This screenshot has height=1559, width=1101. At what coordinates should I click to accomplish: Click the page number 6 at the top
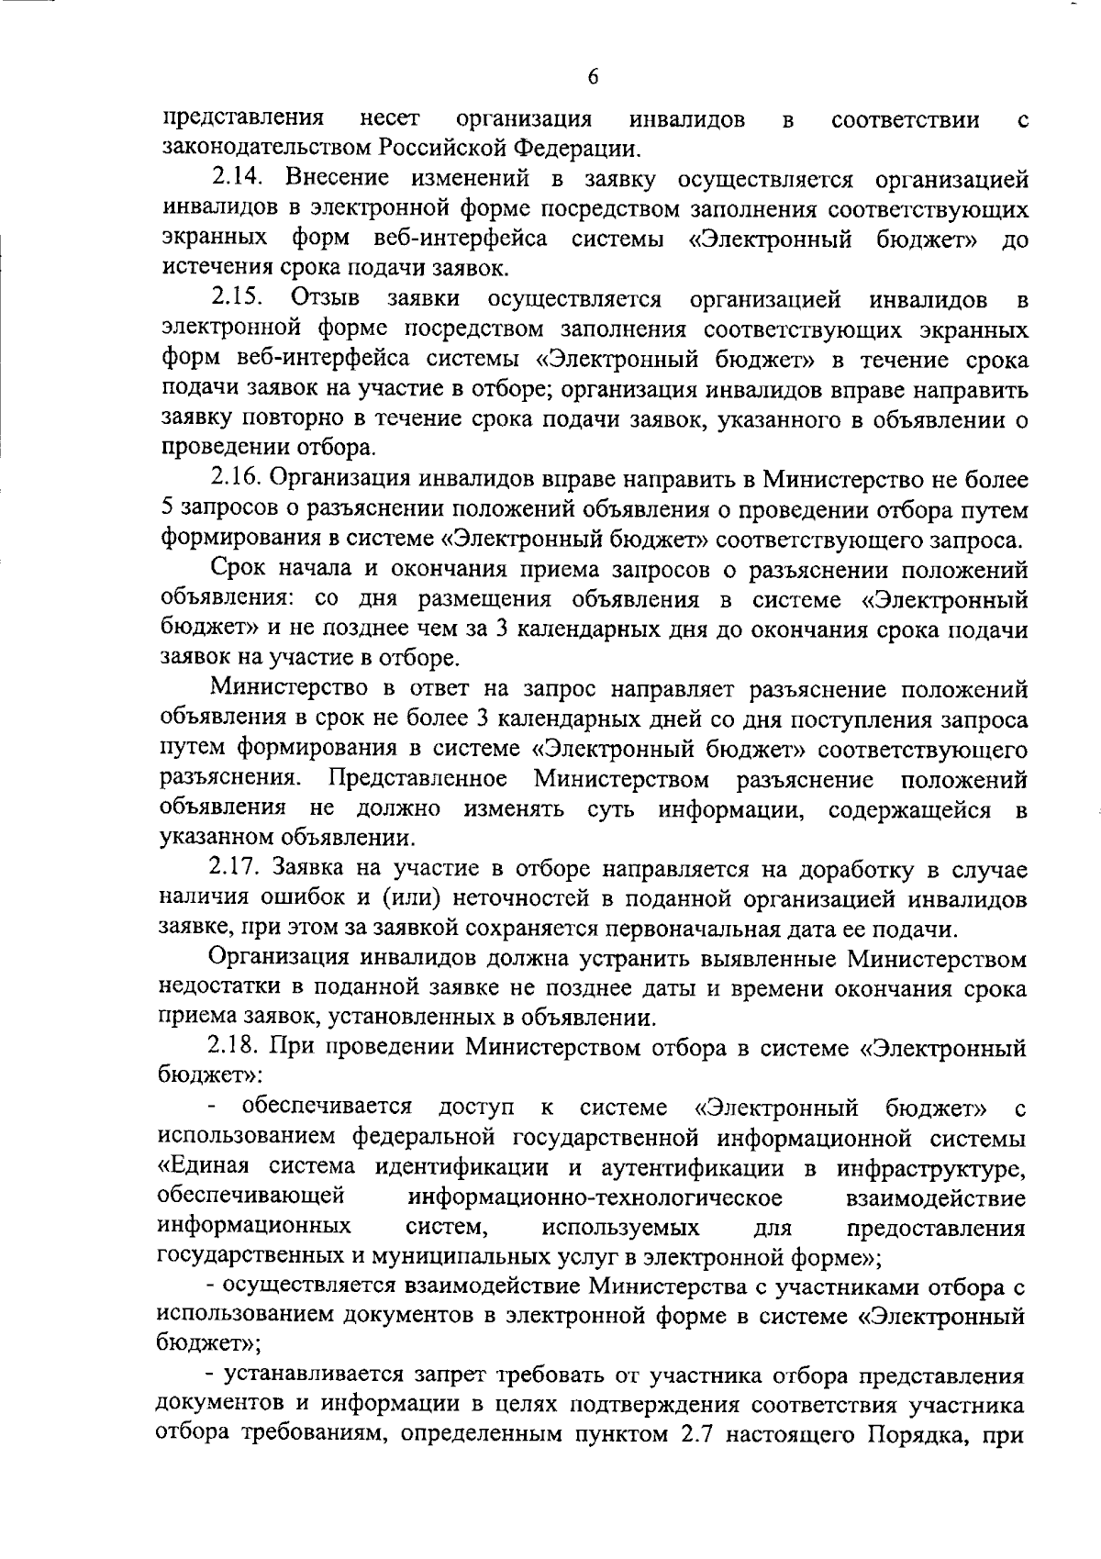[x=593, y=78]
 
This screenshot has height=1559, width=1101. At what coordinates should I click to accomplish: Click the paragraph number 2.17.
[x=236, y=868]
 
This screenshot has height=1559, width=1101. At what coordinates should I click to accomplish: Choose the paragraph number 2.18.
[x=236, y=1048]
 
